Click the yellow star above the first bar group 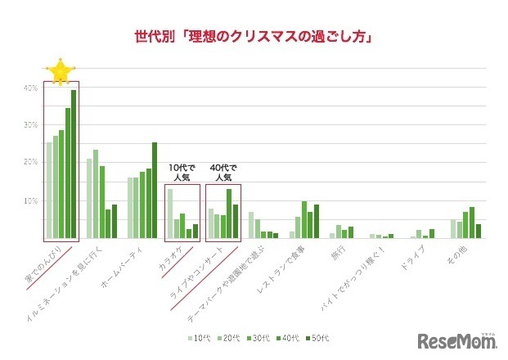60,72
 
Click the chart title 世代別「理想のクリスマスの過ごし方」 254,37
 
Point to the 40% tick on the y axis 29,88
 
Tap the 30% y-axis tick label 29,125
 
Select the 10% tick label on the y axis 29,200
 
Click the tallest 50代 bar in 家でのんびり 74,164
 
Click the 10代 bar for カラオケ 170,214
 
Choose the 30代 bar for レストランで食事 303,219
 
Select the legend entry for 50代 320,338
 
